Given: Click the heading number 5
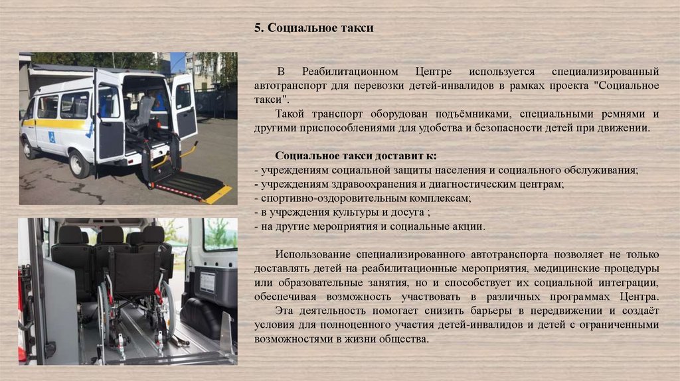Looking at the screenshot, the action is [258, 28].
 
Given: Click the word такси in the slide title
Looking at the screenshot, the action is [359, 28].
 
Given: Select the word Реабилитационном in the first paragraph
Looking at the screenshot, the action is [350, 72].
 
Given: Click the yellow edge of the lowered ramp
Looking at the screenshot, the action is [217, 195].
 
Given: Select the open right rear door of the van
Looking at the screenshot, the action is [184, 107].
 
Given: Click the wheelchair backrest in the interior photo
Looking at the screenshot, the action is [134, 273].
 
